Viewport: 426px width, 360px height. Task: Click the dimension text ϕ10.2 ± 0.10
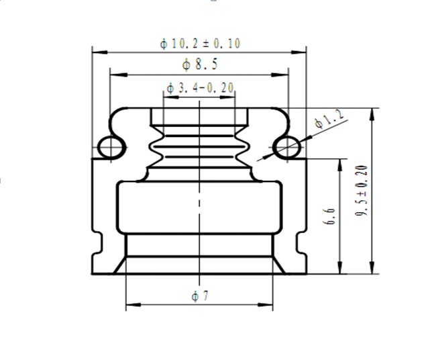pos(200,44)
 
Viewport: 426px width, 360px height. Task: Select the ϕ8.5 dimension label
pos(200,64)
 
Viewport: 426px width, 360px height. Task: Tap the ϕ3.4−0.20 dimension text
pos(200,88)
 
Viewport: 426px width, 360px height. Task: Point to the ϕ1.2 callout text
pos(329,119)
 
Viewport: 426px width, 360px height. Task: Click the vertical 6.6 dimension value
pos(329,216)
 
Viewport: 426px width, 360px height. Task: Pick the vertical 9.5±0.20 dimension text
pos(362,190)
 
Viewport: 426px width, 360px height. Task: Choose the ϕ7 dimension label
pos(200,296)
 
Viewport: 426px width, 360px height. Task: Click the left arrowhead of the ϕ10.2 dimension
pos(100,52)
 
